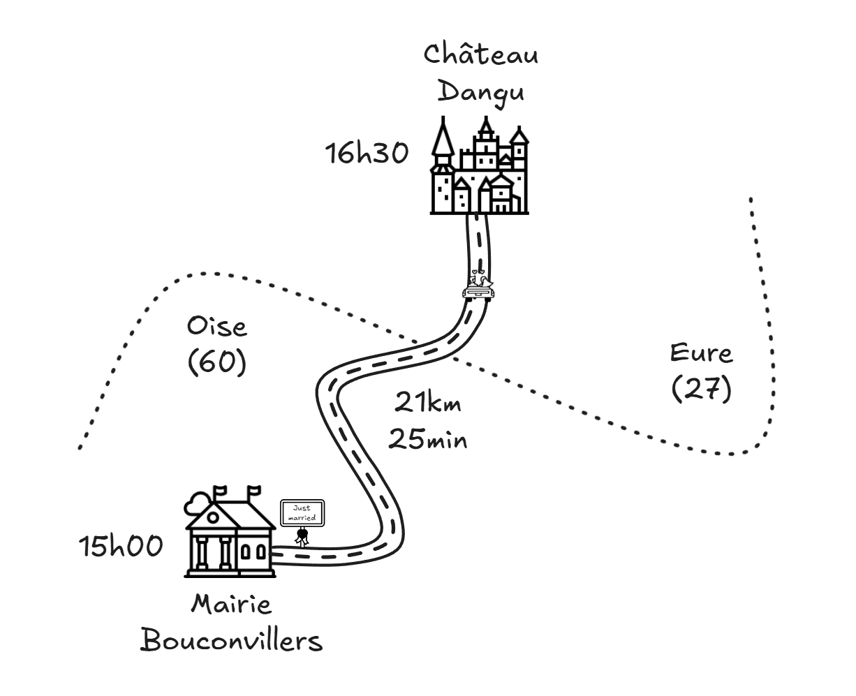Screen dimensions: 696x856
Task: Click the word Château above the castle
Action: coord(481,54)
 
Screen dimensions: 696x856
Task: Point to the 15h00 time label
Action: coord(121,547)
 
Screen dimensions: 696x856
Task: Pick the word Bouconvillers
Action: coord(232,640)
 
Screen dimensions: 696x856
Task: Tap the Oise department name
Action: coord(217,326)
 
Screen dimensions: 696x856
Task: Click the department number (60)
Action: coord(217,362)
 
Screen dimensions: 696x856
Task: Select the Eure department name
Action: coord(701,353)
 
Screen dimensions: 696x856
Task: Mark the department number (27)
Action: coord(701,390)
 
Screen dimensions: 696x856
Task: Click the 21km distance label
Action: coord(428,403)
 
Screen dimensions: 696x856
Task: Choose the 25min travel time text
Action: coord(428,440)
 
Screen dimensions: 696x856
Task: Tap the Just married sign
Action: coord(302,513)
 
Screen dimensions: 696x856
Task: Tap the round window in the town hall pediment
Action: coord(212,517)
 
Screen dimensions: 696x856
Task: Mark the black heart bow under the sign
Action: coord(302,537)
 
